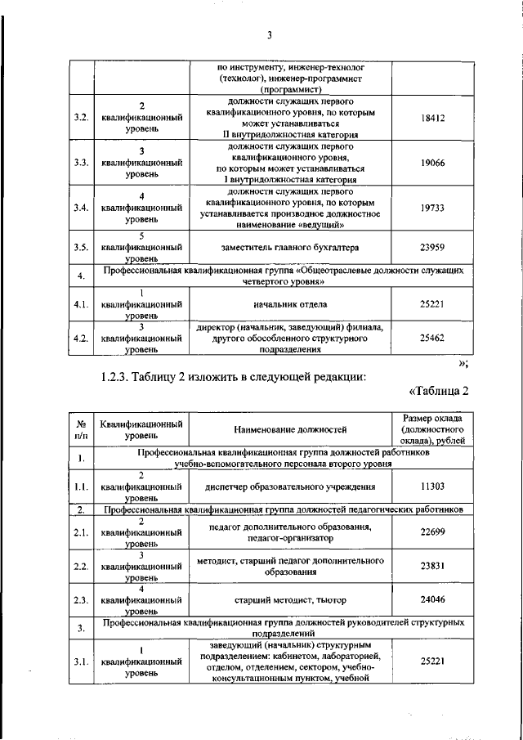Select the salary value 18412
[432, 118]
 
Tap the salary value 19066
[432, 163]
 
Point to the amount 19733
[432, 209]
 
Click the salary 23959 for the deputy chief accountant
[432, 246]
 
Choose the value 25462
[432, 336]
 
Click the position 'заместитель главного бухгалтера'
[290, 246]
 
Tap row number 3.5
[81, 246]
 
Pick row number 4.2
[81, 336]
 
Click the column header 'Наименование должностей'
[290, 428]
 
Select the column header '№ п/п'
[81, 428]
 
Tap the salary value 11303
[432, 486]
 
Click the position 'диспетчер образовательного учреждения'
[290, 486]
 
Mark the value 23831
[432, 567]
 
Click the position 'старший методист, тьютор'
[290, 599]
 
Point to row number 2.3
[81, 600]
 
